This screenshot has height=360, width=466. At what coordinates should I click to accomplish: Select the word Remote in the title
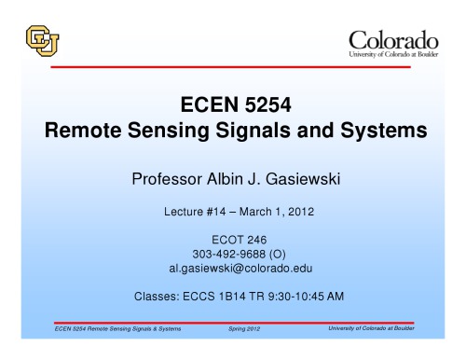point(88,132)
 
